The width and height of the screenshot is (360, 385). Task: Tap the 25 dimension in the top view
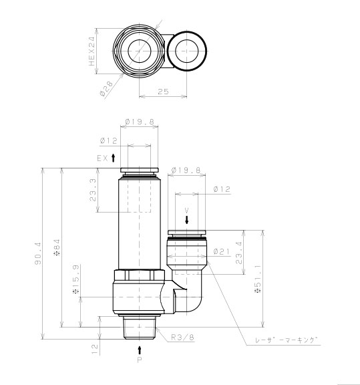click(163, 92)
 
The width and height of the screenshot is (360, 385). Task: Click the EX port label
click(102, 158)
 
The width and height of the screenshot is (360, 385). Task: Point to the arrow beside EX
click(114, 158)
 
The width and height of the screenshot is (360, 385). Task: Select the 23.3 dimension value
click(92, 190)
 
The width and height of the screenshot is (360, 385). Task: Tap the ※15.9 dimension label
click(75, 292)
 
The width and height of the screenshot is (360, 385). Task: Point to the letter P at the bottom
click(140, 360)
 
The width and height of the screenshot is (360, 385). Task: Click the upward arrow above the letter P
click(140, 349)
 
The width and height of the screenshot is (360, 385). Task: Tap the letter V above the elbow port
click(187, 210)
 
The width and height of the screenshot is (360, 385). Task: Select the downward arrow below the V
click(187, 220)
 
